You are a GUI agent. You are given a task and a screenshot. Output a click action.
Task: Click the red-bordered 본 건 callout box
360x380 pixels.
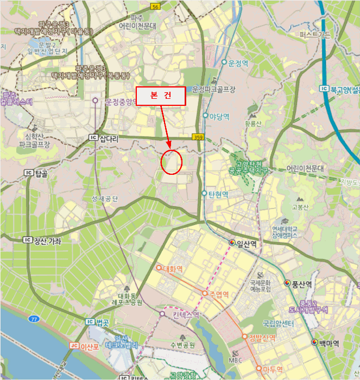click(160, 96)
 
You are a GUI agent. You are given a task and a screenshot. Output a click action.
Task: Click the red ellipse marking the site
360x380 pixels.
click(171, 161)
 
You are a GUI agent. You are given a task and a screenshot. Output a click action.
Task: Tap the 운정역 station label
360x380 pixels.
click(237, 62)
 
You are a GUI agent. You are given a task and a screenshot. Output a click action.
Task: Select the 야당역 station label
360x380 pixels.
click(219, 116)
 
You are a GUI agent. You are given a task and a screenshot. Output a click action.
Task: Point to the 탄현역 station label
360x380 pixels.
click(217, 194)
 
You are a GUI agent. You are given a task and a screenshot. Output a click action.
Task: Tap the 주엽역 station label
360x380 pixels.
click(216, 294)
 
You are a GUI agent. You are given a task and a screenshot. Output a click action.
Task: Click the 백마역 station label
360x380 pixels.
click(329, 343)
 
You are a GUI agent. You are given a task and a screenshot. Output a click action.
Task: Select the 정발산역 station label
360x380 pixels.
click(262, 338)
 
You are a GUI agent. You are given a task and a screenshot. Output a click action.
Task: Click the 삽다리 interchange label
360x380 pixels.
click(108, 138)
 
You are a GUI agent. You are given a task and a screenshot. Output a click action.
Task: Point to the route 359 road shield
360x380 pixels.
click(198, 138)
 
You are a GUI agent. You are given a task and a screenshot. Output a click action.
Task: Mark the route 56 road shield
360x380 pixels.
click(156, 7)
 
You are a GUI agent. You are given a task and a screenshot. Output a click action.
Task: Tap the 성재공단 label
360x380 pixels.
click(105, 199)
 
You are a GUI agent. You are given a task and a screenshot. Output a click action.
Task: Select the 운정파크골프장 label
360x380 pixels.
click(214, 89)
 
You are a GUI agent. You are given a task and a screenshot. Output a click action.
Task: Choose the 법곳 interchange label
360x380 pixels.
click(102, 322)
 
